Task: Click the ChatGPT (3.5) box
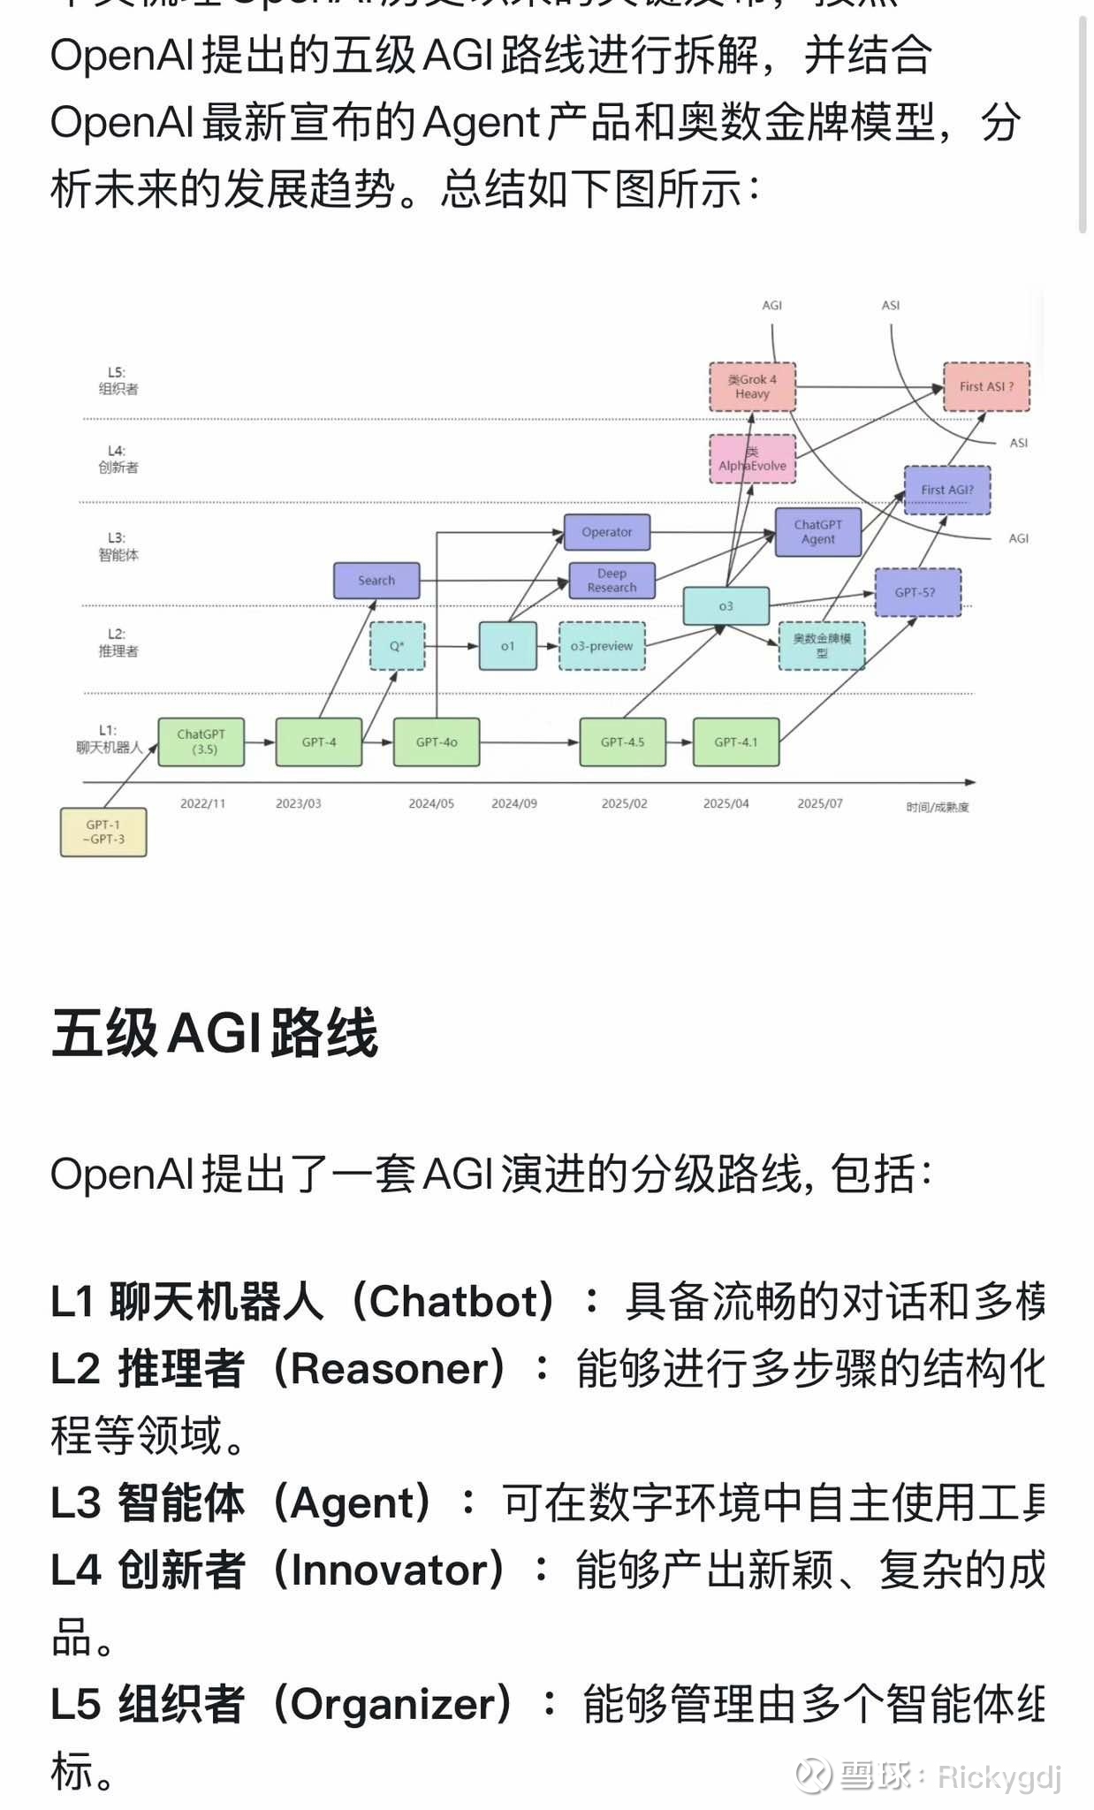[201, 741]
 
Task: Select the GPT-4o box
[437, 741]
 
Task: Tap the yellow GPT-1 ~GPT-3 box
[103, 832]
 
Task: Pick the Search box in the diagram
[376, 581]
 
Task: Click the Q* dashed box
[397, 646]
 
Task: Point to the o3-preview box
[602, 646]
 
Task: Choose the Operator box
[607, 532]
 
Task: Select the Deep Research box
[612, 581]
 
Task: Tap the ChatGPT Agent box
[818, 532]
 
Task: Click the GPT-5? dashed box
[917, 592]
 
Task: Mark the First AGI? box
[947, 490]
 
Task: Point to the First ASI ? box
[986, 386]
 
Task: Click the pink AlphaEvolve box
[752, 460]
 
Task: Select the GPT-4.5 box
[623, 741]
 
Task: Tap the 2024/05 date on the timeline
[431, 803]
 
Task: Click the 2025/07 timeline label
[820, 803]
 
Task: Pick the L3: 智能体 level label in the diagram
[118, 546]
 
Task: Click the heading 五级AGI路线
[215, 1032]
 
